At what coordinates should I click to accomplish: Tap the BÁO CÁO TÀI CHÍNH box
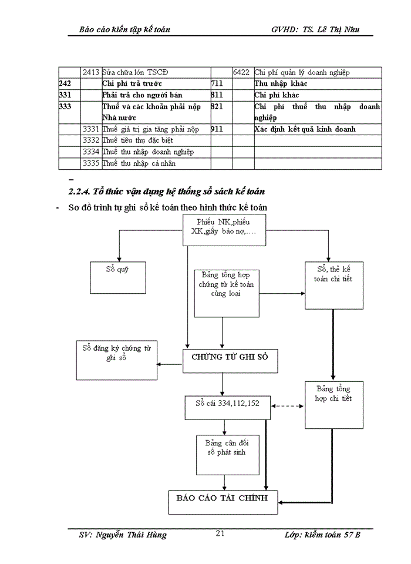pos(223,501)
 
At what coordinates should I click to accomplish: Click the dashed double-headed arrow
pos(287,405)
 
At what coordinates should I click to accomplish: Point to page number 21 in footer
pos(221,533)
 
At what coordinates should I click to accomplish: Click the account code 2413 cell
pos(90,72)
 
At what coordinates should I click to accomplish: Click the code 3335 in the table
pos(90,163)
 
